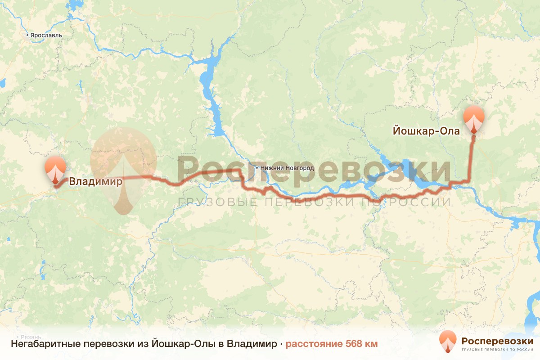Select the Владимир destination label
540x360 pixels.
(x=95, y=182)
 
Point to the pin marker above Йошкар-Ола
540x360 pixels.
(x=474, y=119)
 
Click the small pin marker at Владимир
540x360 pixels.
(x=55, y=169)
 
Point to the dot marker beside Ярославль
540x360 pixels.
(x=27, y=35)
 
